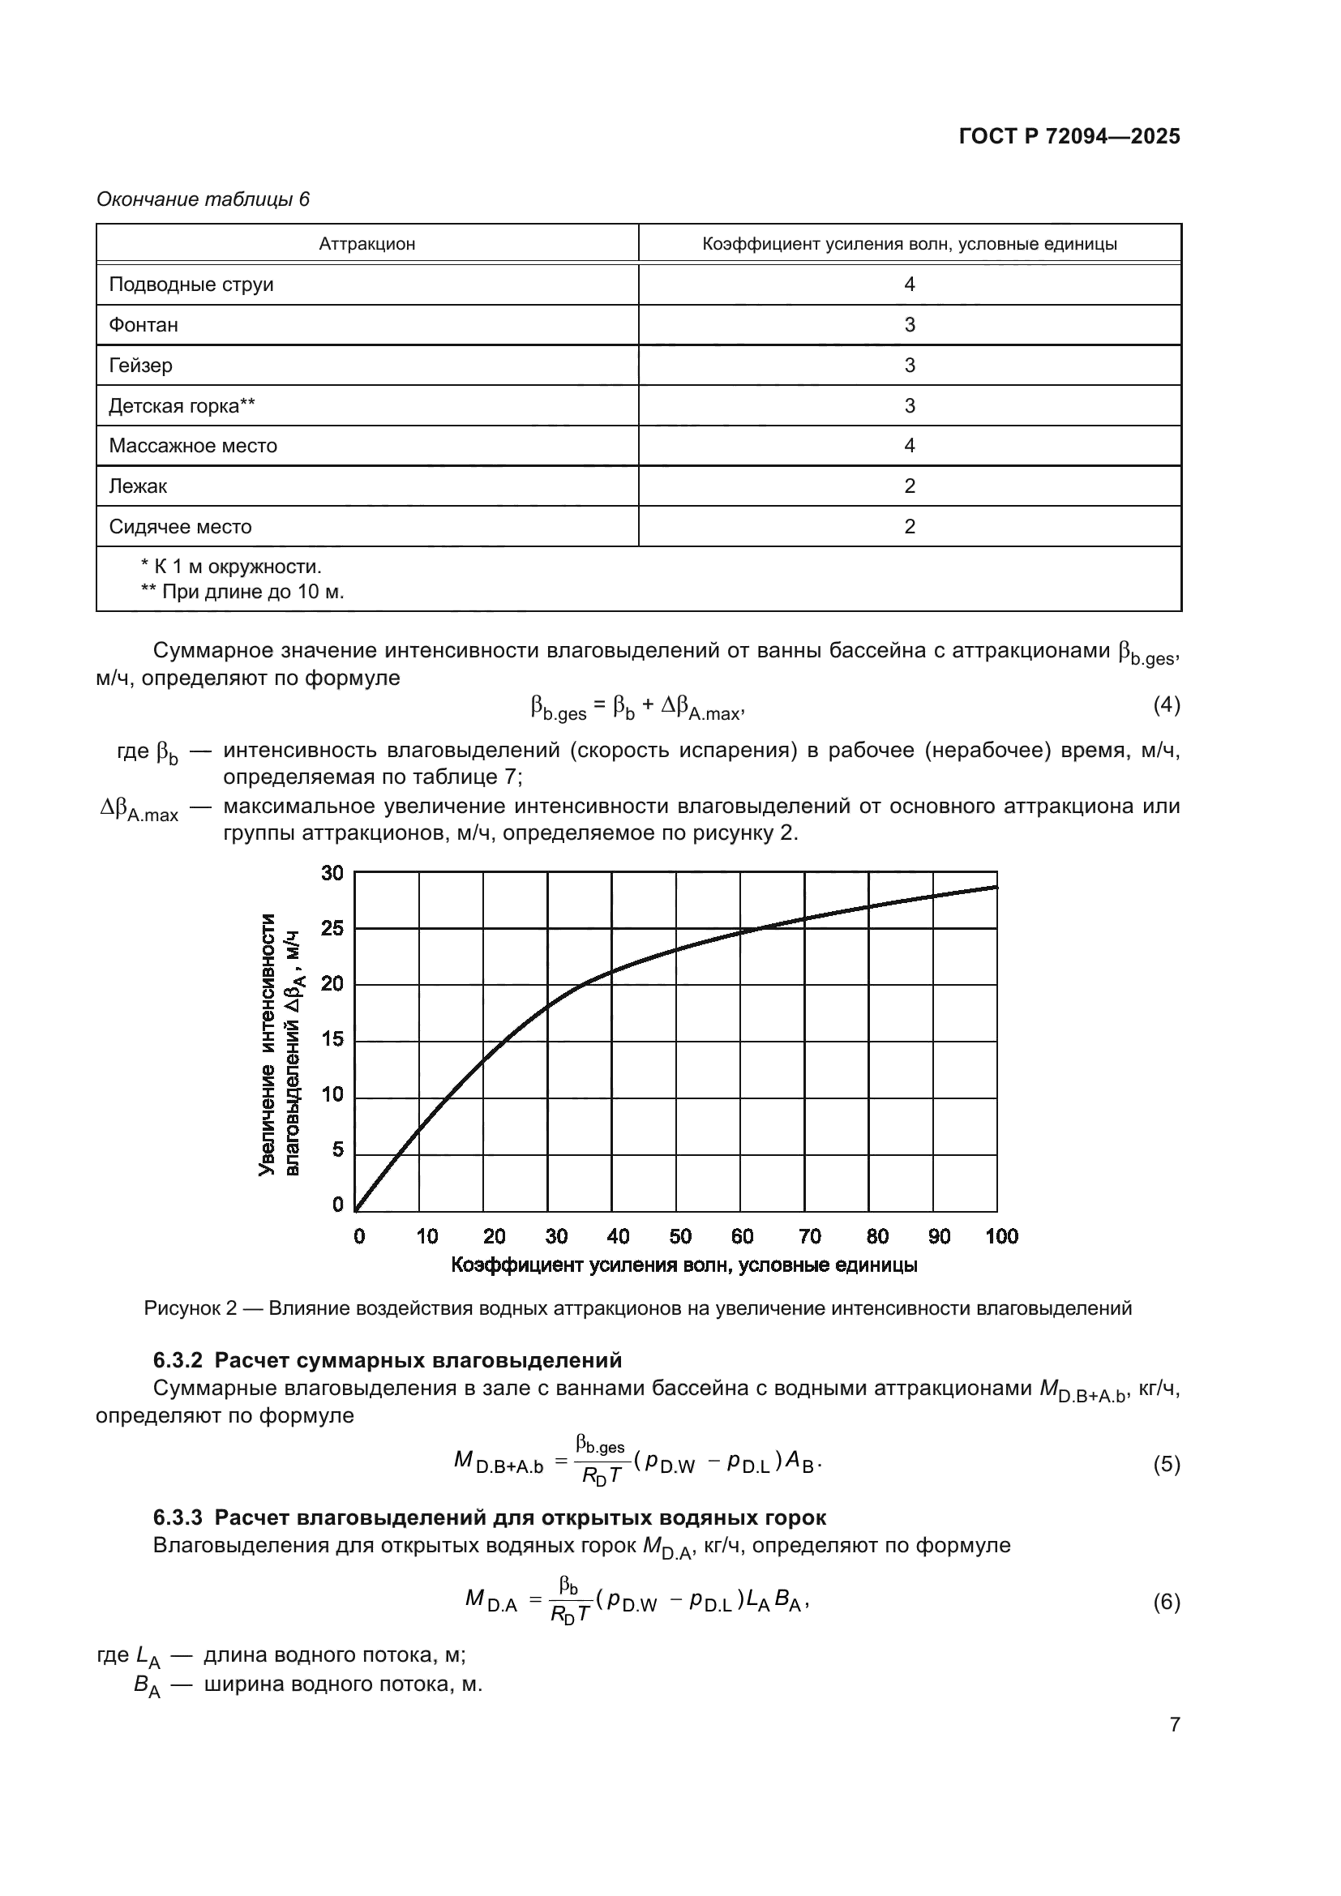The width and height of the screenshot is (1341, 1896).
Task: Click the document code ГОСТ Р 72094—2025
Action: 1069,136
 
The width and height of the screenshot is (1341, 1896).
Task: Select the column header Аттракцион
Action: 366,245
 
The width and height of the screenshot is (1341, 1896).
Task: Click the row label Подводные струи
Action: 191,285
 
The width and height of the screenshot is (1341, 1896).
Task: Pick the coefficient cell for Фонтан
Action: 909,325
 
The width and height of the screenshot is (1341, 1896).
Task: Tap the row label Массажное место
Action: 192,446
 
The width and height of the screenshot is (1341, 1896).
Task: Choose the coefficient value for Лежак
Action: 909,486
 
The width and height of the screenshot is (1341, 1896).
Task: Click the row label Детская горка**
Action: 182,405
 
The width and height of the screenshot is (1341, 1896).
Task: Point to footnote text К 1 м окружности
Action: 231,567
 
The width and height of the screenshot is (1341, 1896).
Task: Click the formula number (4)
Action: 1166,704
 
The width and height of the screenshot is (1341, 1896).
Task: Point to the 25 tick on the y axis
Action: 332,929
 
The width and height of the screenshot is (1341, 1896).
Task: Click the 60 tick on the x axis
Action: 742,1236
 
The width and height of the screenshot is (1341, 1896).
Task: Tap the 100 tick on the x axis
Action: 1001,1236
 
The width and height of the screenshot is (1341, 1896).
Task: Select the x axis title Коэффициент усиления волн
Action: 683,1265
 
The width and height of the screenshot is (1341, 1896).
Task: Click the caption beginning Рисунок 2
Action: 637,1308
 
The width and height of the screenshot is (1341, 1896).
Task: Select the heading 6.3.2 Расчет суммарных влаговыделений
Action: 388,1360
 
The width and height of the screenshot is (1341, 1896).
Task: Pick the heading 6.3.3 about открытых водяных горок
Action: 489,1517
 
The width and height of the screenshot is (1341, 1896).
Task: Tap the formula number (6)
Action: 1166,1602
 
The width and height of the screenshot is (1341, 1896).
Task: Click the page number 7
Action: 1174,1725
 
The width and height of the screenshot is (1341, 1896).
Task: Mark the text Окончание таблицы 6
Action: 204,199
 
